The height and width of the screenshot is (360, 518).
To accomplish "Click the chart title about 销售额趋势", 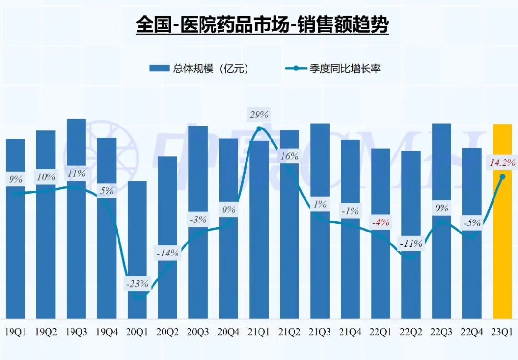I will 262,24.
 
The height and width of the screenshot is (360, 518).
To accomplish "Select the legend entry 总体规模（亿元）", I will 199,69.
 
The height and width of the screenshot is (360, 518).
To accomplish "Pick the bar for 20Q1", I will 137,249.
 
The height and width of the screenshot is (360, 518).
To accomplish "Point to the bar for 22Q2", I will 411,235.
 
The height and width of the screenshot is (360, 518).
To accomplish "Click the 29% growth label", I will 259,115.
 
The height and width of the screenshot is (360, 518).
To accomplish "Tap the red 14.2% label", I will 502,163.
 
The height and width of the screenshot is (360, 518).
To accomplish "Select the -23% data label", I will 137,283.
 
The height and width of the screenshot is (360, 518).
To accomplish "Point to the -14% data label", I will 168,253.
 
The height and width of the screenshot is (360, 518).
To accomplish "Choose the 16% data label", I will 290,156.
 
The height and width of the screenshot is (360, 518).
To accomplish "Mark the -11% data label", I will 412,244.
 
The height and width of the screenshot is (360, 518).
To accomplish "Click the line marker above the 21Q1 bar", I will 259,128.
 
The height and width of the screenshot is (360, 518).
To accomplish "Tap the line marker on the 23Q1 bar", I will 502,177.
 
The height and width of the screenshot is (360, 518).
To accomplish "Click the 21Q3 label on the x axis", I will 320,332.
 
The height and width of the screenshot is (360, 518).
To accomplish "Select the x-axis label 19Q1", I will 16,332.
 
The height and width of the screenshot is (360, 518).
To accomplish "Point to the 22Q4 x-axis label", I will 472,332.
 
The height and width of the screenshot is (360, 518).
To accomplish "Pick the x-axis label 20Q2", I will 168,332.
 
